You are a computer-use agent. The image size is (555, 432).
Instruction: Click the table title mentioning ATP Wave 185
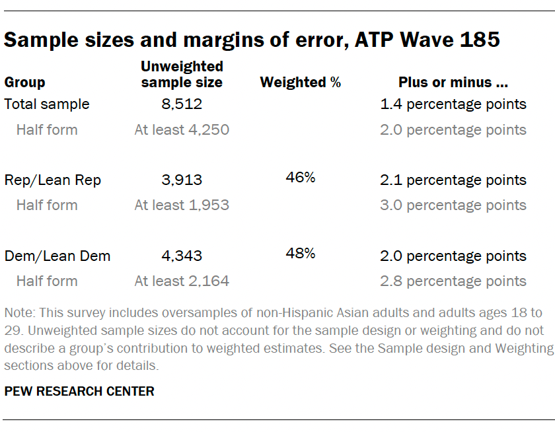251,40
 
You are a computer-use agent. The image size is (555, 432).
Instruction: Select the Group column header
24,83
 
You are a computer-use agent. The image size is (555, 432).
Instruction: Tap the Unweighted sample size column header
182,75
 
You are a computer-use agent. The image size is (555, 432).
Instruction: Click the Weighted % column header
301,83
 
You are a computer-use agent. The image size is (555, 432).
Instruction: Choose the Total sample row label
47,104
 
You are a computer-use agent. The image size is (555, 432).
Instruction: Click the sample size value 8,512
182,104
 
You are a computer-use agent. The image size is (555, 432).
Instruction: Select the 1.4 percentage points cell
453,104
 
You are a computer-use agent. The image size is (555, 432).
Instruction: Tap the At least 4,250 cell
182,130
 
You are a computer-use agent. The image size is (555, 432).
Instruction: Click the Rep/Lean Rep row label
53,180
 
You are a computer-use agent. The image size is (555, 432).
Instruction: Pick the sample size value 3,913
182,180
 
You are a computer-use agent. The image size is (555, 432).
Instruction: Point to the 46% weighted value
301,177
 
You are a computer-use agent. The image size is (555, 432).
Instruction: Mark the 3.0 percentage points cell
453,205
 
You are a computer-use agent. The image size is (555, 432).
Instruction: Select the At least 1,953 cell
182,205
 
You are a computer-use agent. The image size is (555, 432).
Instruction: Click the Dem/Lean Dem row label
57,256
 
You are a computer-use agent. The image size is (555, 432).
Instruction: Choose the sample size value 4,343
182,256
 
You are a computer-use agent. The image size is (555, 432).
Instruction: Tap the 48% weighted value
301,253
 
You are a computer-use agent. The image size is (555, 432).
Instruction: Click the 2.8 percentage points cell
453,281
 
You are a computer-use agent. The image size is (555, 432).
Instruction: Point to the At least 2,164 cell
182,281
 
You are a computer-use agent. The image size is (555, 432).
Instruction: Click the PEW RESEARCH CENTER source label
79,392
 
